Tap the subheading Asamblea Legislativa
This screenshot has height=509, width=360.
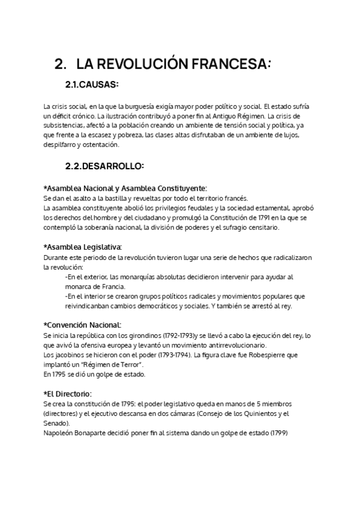pos(83,247)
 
